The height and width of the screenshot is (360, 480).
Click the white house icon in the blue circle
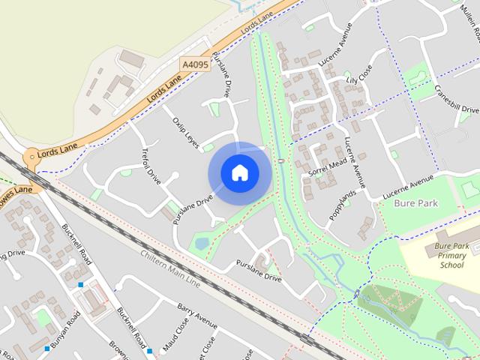point(239,173)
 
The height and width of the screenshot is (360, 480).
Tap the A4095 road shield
point(196,65)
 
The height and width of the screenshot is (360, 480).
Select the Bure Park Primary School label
point(452,255)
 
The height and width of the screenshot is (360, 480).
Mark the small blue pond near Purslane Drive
point(201,242)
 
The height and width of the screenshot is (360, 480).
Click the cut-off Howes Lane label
point(15,190)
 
